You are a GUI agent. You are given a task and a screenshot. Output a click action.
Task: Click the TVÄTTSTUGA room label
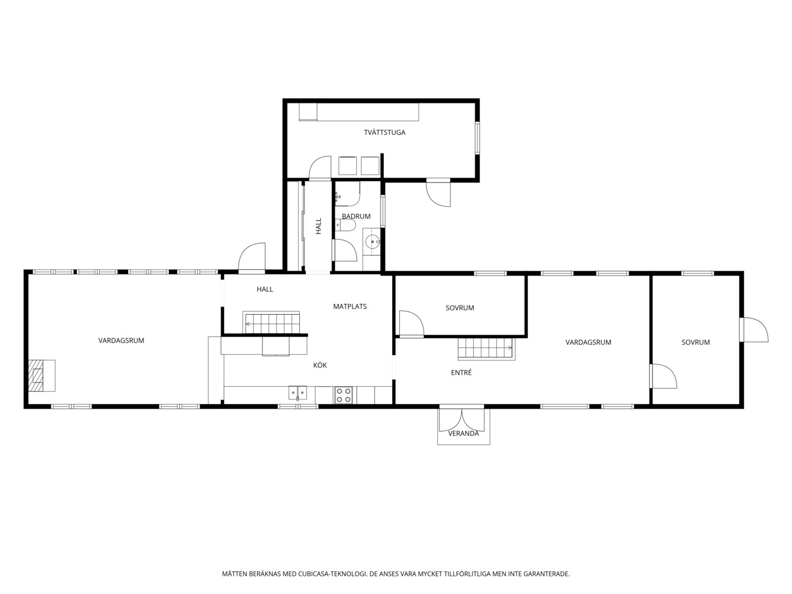pyautogui.click(x=384, y=133)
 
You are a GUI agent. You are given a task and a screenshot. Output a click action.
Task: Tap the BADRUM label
pyautogui.click(x=356, y=216)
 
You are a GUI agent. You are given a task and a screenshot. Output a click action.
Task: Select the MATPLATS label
pyautogui.click(x=350, y=306)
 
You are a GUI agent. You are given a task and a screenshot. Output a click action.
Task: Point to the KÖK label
pyautogui.click(x=320, y=365)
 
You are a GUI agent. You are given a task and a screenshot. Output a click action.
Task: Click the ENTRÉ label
pyautogui.click(x=461, y=372)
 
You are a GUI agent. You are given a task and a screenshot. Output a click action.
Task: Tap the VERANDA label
pyautogui.click(x=463, y=433)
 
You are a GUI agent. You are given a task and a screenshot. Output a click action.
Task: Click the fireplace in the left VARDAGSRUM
pyautogui.click(x=42, y=376)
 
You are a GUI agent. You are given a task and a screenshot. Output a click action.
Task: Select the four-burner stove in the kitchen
pyautogui.click(x=343, y=395)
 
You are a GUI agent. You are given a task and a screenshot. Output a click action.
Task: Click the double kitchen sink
pyautogui.click(x=298, y=393)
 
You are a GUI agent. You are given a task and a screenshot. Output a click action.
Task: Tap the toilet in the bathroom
pyautogui.click(x=345, y=226)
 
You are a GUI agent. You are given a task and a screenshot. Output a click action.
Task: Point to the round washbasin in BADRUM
pyautogui.click(x=372, y=241)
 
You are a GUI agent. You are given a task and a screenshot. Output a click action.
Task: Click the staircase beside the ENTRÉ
pyautogui.click(x=486, y=349)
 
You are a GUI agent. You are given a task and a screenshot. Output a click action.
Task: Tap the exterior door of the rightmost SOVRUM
pyautogui.click(x=754, y=329)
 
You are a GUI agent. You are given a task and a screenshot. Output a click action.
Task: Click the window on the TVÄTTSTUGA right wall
pyautogui.click(x=477, y=138)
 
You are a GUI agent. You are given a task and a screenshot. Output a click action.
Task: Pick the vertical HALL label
pyautogui.click(x=318, y=226)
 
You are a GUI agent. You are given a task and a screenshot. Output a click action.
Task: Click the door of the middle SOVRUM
pyautogui.click(x=411, y=324)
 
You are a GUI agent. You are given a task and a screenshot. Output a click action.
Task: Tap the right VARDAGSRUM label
pyautogui.click(x=588, y=342)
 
